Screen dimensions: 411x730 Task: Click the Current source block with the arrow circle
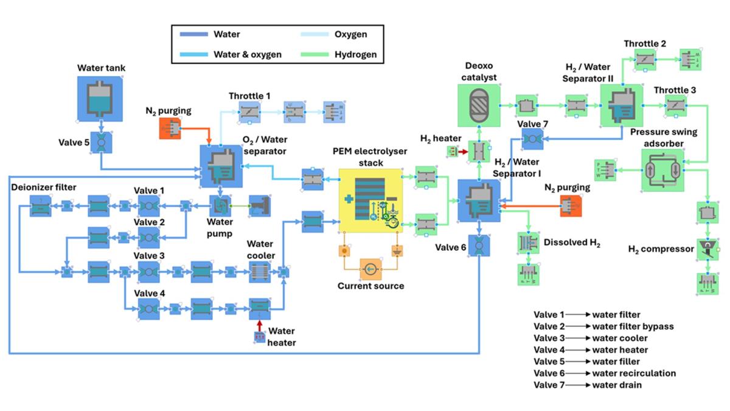tap(369, 268)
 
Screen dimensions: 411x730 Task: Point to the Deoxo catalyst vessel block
tap(478, 106)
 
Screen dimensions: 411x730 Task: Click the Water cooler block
tap(260, 271)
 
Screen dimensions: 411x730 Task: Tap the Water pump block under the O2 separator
tap(220, 207)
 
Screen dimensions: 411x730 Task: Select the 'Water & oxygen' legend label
tap(247, 54)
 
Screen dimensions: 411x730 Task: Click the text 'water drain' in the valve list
tap(617, 385)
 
